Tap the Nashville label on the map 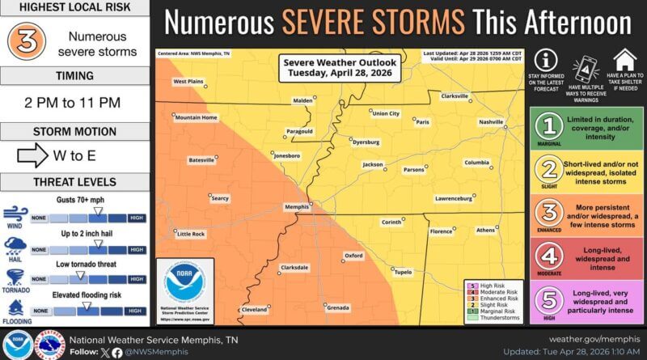[490, 121]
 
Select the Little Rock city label [191, 234]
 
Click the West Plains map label [188, 82]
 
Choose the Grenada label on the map [338, 307]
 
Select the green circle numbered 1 [551, 127]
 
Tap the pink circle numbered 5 [551, 299]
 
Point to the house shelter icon [624, 59]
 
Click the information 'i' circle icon [548, 60]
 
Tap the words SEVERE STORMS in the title [373, 22]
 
